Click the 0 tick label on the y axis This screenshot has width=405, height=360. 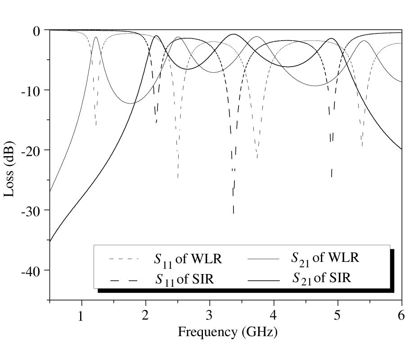tap(36, 31)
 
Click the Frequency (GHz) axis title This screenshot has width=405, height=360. tap(227, 333)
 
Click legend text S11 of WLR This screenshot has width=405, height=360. tap(189, 260)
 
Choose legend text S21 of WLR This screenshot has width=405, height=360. tap(325, 258)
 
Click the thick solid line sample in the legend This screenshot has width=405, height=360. tap(264, 280)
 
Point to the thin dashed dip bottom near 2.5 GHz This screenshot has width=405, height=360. tap(178, 177)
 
